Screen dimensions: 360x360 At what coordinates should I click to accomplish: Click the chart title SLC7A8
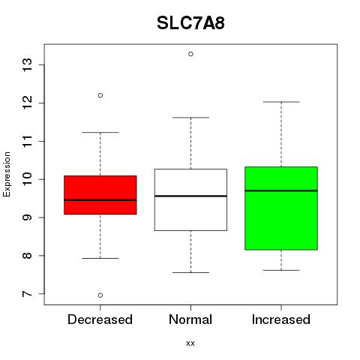[190, 23]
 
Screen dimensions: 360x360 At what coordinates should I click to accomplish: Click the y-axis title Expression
[7, 175]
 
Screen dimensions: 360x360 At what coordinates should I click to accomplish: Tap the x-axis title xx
[190, 343]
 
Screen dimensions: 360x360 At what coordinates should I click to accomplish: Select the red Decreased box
[100, 195]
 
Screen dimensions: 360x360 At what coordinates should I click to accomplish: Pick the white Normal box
[190, 199]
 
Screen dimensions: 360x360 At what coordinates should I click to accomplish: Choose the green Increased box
[281, 208]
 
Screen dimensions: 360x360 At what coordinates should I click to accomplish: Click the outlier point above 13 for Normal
[190, 54]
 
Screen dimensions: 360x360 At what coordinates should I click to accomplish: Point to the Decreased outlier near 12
[100, 95]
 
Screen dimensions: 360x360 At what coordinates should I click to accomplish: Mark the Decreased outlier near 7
[100, 295]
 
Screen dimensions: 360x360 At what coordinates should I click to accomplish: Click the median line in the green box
[281, 190]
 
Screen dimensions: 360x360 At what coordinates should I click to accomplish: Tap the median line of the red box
[100, 200]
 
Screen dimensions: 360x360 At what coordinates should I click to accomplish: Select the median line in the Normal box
[190, 196]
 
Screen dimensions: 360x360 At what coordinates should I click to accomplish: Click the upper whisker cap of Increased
[281, 102]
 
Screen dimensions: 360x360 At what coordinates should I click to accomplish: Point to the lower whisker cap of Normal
[190, 272]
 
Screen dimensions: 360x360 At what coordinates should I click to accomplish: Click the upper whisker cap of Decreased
[100, 132]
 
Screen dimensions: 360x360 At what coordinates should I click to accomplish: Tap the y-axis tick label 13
[28, 65]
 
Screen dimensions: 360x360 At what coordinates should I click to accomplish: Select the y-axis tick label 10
[28, 179]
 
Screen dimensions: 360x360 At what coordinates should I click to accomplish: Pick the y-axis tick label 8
[28, 256]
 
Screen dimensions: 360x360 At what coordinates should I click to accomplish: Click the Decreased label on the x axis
[100, 319]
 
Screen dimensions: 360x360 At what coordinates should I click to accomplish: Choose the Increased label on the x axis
[281, 319]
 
